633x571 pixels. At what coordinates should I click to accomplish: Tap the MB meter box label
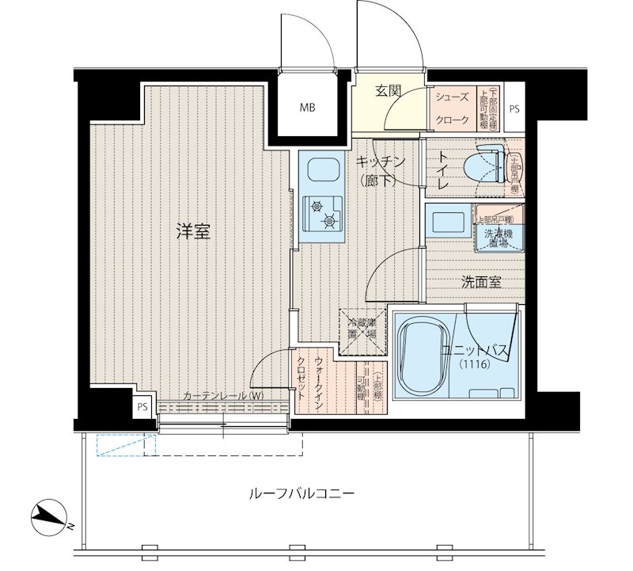pos(308,108)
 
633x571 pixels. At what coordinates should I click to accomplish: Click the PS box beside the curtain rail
pos(142,408)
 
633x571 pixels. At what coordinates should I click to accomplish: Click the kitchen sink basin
pos(321,171)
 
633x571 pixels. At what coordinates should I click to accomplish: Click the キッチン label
pos(381,162)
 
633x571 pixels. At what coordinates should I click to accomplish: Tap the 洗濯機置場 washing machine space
pos(493,238)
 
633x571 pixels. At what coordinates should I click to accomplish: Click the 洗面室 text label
pos(481,283)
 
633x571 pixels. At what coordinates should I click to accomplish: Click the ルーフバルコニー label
pos(301,493)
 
